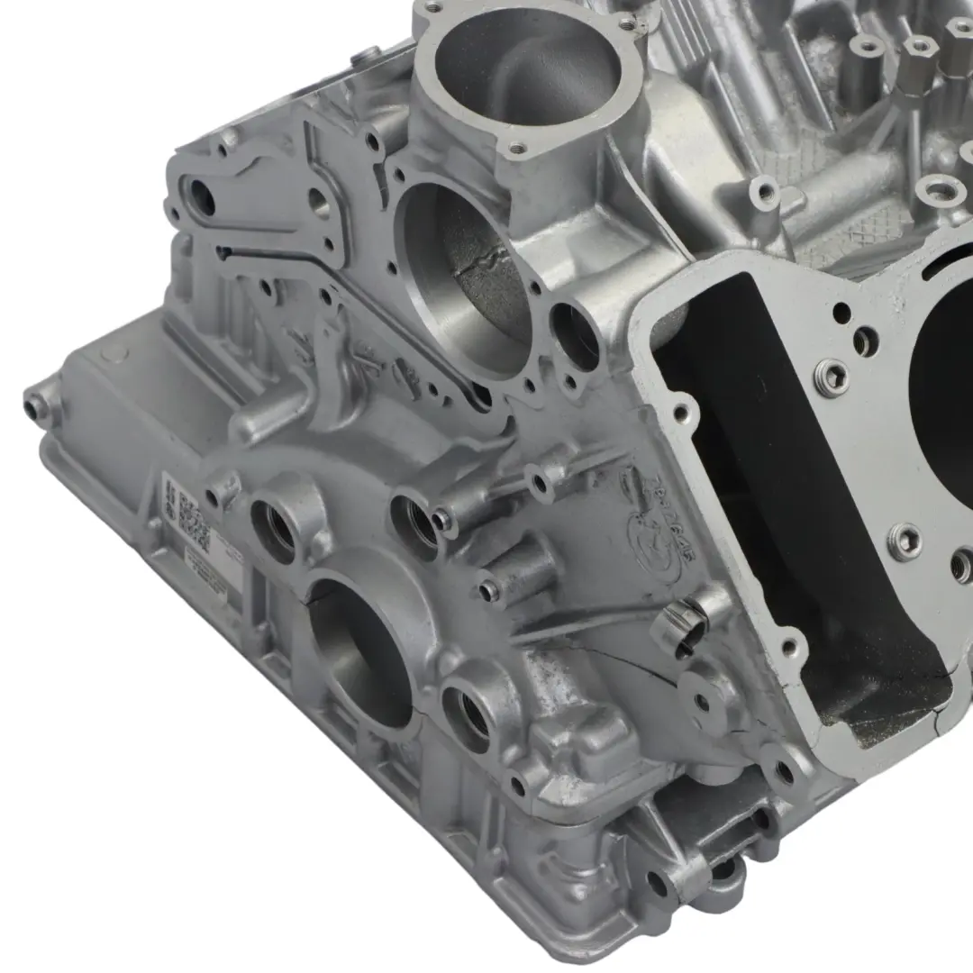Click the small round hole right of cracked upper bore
574,333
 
